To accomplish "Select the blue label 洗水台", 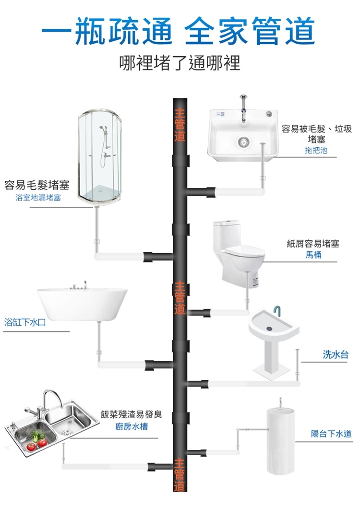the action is (x=335, y=355).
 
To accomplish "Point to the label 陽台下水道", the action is (x=331, y=434).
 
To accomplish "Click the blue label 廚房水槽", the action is (x=131, y=427).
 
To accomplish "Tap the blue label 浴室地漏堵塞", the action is (x=38, y=198).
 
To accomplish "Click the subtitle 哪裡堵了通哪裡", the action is (x=180, y=63).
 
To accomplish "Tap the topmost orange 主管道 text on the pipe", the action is (x=180, y=124).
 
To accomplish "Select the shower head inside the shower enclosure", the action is (x=101, y=129).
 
